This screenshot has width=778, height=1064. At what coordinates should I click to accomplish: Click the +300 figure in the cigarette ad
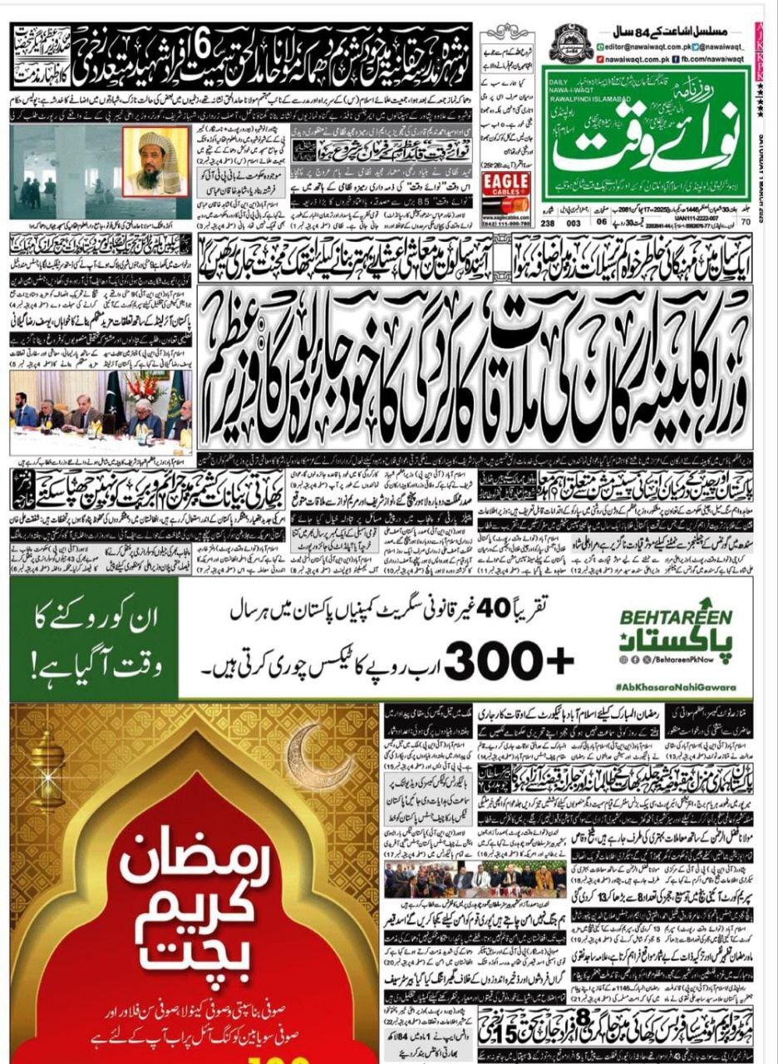coord(513,663)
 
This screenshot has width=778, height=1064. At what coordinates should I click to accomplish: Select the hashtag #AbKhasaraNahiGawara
coord(677,690)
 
